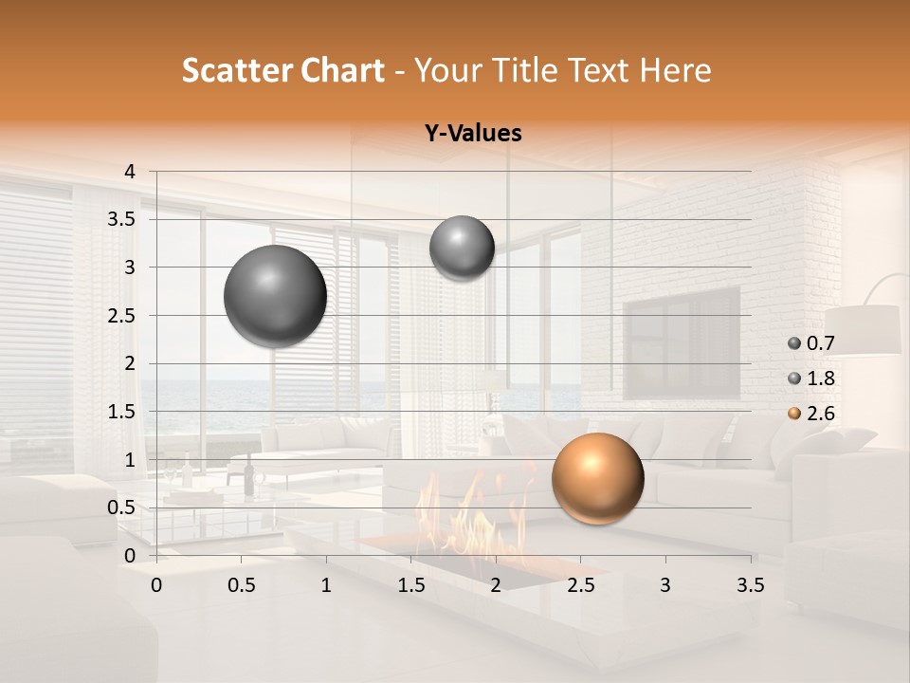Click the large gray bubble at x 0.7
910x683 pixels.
click(276, 296)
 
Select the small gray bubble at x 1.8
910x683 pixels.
click(462, 248)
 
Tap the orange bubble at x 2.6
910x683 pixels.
click(597, 478)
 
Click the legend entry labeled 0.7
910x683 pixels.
click(811, 343)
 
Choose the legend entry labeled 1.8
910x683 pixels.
click(811, 378)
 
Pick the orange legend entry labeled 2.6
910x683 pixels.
click(811, 414)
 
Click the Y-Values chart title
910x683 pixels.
click(473, 134)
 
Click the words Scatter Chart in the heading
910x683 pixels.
click(282, 70)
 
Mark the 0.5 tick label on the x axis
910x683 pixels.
click(242, 585)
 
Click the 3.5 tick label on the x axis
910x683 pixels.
click(750, 585)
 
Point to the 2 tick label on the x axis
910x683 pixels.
click(496, 585)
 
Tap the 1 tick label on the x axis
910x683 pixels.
click(326, 585)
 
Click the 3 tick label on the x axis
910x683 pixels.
click(665, 585)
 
